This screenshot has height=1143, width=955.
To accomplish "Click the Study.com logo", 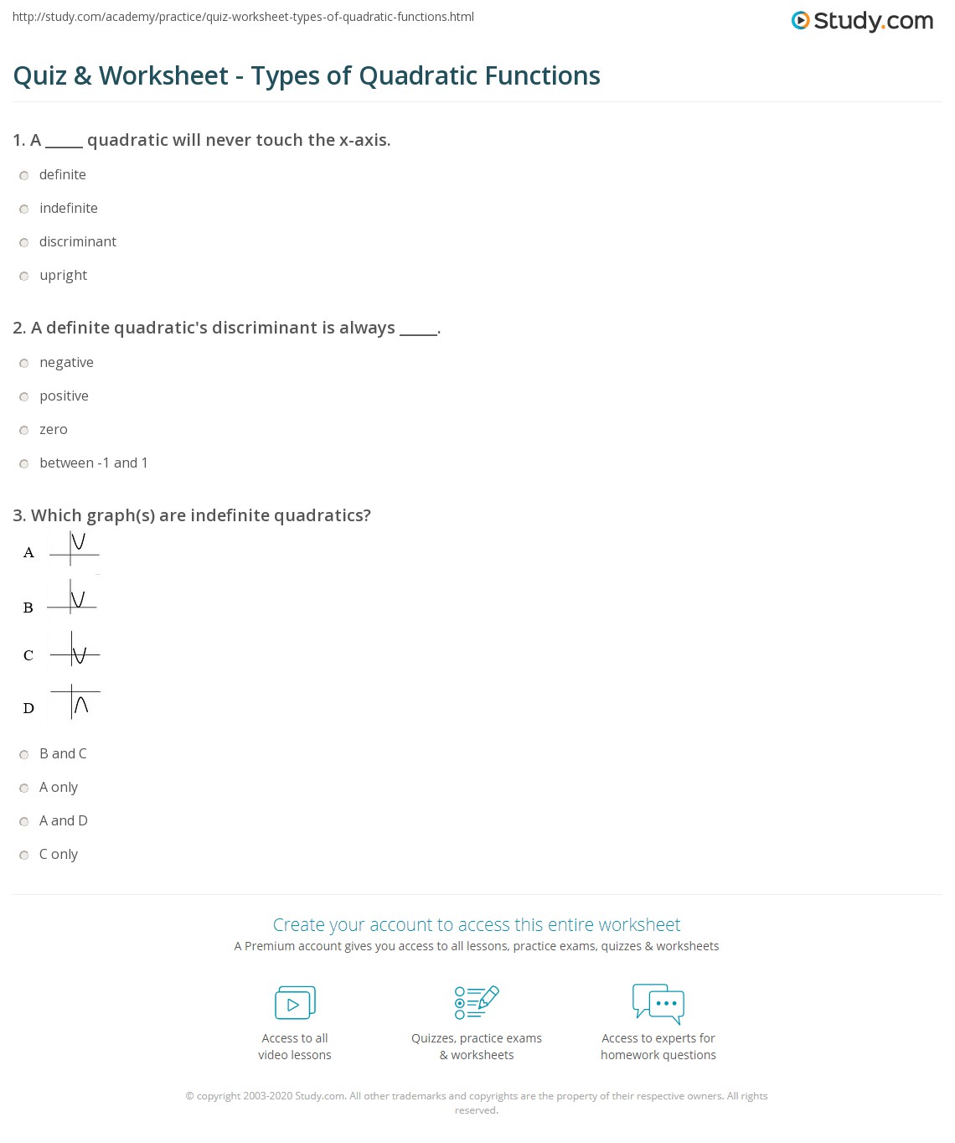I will coord(862,21).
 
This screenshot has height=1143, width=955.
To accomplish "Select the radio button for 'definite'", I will coord(24,175).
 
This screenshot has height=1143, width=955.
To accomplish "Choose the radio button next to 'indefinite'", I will coord(24,209).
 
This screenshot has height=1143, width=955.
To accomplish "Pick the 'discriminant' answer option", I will coord(77,242).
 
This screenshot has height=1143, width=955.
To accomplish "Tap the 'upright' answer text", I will coord(63,276).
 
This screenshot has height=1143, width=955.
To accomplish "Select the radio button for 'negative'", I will coord(24,363).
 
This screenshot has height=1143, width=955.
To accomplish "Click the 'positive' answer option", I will coord(64,396).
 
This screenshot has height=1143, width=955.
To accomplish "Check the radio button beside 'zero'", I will coord(24,430).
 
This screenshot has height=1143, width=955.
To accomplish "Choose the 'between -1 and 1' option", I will coord(93,463).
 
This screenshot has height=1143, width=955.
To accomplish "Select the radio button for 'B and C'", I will coord(24,754).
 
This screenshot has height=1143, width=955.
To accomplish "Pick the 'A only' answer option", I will coord(58,788).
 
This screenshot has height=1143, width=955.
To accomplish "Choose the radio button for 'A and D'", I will coord(24,821).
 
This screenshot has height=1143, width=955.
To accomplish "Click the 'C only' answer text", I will coord(58,855).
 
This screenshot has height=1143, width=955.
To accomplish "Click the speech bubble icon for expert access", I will coord(658,1003).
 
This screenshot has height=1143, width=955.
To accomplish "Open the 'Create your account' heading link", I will coord(477,925).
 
